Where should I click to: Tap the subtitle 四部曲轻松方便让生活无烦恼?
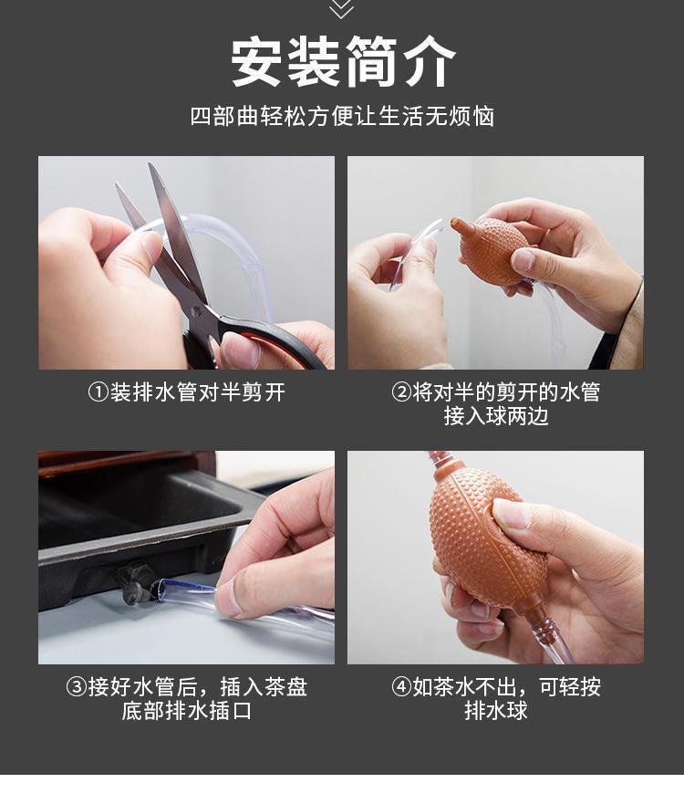(x=342, y=117)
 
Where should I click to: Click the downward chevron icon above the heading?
(x=342, y=8)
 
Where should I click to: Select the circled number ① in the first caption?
(x=98, y=392)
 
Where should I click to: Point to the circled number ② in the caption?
(x=401, y=392)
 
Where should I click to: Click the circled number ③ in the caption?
(x=77, y=687)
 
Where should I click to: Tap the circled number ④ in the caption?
(x=401, y=687)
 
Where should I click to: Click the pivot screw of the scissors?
(x=196, y=311)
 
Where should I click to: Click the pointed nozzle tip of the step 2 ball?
(x=454, y=223)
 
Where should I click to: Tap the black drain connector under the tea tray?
(x=138, y=583)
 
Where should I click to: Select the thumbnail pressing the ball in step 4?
(x=512, y=515)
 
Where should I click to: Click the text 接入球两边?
(x=496, y=416)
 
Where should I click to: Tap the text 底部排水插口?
(x=186, y=711)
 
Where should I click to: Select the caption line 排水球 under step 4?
(x=496, y=711)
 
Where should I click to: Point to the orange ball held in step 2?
(x=492, y=249)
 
